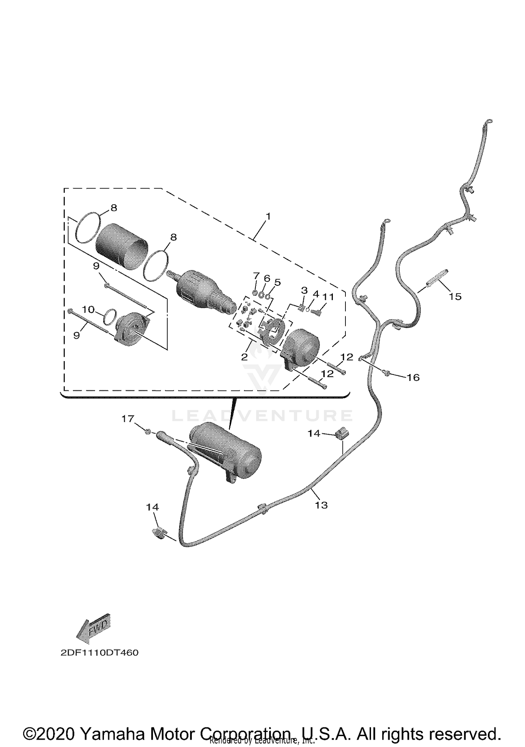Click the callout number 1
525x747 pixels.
(268, 217)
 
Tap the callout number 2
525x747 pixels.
(244, 357)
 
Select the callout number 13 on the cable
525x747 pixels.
(321, 505)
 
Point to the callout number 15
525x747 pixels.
(455, 297)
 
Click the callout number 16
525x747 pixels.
(413, 378)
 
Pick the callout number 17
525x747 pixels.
(128, 418)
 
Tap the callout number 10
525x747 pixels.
(88, 309)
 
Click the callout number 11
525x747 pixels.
(328, 297)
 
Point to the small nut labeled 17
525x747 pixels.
(148, 432)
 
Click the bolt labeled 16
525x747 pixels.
(386, 373)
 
